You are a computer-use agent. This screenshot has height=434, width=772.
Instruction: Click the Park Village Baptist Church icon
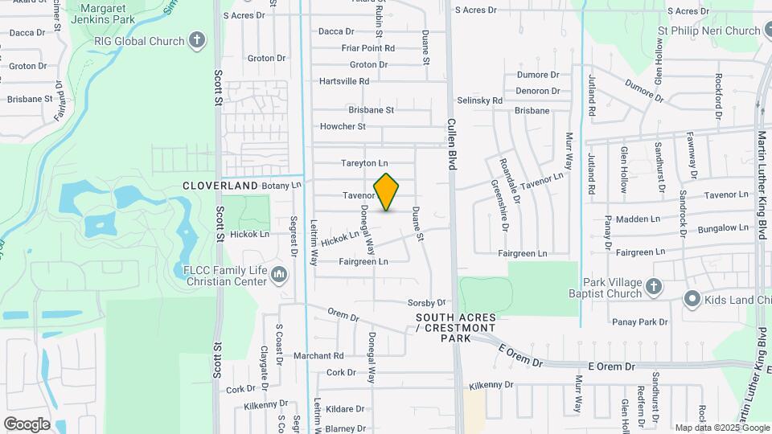(x=654, y=287)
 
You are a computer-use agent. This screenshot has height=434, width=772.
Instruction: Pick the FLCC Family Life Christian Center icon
(x=279, y=275)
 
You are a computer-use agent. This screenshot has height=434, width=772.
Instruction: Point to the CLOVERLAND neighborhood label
(x=220, y=186)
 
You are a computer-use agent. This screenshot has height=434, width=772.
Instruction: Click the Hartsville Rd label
(x=344, y=81)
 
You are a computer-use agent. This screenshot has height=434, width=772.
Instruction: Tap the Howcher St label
(x=343, y=126)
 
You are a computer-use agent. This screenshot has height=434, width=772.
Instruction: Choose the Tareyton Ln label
(x=364, y=163)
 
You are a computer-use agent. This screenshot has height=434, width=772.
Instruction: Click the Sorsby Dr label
(x=426, y=303)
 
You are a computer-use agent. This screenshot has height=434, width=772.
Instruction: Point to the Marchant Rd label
(x=318, y=355)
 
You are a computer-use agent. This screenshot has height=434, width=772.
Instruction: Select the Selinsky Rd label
(x=479, y=100)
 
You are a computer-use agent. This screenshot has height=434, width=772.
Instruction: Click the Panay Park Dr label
(x=640, y=321)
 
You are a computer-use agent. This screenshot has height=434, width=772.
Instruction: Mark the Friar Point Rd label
(x=368, y=48)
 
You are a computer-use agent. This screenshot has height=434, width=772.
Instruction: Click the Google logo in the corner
(x=27, y=424)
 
